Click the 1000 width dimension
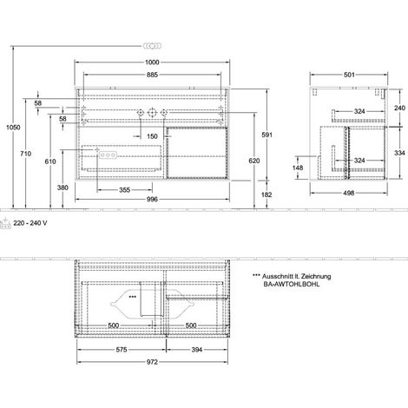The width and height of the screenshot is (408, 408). click(152, 63)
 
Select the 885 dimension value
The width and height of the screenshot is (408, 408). click(152, 75)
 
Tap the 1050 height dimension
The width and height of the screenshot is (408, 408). click(13, 128)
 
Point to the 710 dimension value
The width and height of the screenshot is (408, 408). click(26, 154)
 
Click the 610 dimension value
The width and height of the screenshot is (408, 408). click(50, 161)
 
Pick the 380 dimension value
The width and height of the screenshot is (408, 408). click(63, 188)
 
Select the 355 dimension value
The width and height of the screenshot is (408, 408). click(125, 190)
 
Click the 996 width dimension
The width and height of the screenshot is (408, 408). click(152, 199)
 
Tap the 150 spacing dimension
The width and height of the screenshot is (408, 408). click(152, 136)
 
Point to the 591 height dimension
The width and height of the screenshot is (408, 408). click(267, 135)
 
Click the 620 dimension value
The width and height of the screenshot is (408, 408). click(254, 161)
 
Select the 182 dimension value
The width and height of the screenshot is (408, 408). click(267, 194)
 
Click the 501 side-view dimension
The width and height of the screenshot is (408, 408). click(349, 75)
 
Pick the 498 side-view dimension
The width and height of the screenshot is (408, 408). click(349, 193)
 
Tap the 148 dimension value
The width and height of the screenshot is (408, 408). click(298, 168)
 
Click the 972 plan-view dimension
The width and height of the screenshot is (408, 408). click(152, 362)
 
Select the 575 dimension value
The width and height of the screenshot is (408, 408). click(122, 350)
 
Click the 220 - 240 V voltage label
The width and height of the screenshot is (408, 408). click(30, 223)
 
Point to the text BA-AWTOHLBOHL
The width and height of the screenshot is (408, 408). click(292, 284)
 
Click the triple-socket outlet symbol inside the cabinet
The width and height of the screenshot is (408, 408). click(108, 155)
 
